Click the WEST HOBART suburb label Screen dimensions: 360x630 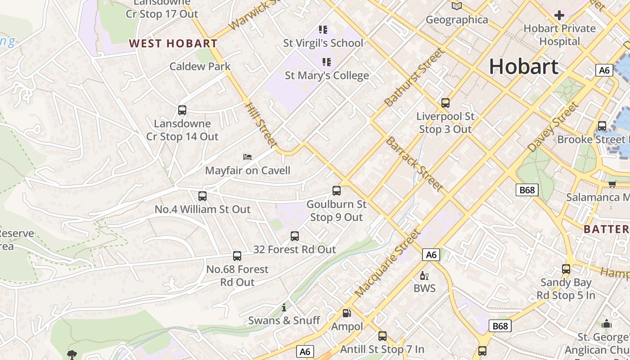point(173,44)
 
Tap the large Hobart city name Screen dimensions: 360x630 point(524,67)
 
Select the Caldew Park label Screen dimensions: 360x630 point(200,67)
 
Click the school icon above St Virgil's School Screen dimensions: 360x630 point(323,30)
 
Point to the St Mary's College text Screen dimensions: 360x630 point(327,76)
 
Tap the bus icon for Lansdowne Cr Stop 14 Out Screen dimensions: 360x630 point(182,110)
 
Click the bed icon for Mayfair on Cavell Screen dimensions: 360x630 point(247,157)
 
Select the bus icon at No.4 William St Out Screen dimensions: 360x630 point(202,196)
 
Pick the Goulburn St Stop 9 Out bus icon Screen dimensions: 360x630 point(337,191)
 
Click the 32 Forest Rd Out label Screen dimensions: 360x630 point(294,249)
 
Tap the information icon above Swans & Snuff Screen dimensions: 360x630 point(284,308)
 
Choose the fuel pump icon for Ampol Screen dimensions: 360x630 point(347,313)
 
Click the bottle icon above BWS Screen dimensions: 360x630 point(424,275)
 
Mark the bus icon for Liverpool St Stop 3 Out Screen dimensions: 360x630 point(445,103)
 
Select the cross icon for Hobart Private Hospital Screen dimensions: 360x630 point(559,15)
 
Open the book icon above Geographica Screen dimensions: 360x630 point(457,6)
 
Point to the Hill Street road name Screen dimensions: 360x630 point(261,125)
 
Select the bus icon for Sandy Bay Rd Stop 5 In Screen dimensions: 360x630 point(566,269)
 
